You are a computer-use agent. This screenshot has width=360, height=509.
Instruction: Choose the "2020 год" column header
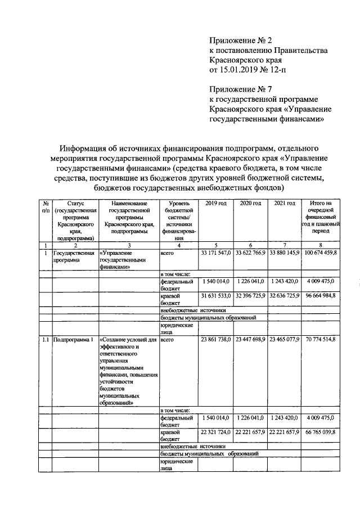[251, 202]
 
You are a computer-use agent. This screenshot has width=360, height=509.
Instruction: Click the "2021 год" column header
[285, 202]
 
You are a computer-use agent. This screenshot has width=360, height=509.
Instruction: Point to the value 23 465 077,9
[285, 340]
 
